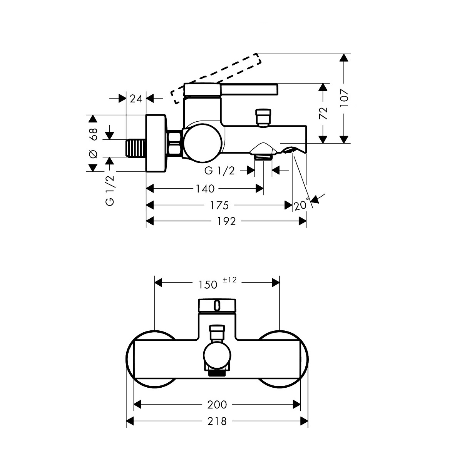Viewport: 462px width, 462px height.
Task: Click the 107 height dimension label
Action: (x=345, y=98)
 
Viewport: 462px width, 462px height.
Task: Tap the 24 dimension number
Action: (x=136, y=99)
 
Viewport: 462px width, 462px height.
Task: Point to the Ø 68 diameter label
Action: (x=93, y=143)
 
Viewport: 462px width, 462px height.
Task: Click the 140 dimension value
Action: (x=204, y=189)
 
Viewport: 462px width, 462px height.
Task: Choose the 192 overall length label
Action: (x=226, y=221)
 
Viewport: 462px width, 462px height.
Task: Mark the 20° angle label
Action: (x=302, y=205)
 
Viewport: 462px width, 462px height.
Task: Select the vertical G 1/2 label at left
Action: (x=110, y=190)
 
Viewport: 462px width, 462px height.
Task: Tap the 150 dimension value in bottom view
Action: (x=208, y=285)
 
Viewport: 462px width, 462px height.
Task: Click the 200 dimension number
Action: (x=218, y=405)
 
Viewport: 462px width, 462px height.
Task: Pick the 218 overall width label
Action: (x=218, y=421)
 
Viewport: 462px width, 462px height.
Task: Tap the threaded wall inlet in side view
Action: (x=136, y=148)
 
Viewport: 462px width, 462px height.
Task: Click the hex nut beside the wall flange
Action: (x=175, y=144)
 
